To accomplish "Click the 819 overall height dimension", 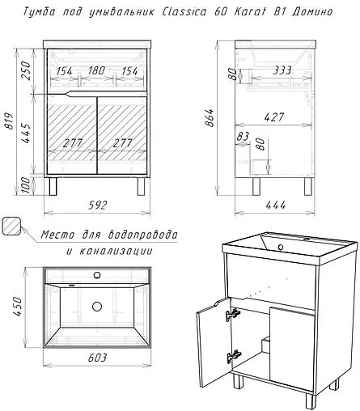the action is coord(9,121).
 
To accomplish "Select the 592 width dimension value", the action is coord(97,205).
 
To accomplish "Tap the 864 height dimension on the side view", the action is coord(210,117).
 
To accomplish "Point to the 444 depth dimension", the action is coord(275,205).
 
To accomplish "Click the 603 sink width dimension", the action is coord(97,358).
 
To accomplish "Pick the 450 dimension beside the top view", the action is coord(17,307).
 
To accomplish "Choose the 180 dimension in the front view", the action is coord(96,70).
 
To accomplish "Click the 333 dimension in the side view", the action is coord(282,70).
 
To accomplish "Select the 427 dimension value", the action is coord(274,117).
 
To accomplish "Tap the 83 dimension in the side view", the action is coord(243,137).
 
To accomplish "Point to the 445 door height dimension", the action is coord(26,133).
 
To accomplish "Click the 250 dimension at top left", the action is coord(26,70).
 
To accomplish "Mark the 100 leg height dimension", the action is coord(26,185).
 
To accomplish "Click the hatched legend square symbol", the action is coord(12,226).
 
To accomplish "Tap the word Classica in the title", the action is coord(184,12).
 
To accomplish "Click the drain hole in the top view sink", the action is coord(97,307).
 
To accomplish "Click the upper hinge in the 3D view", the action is coord(233,314).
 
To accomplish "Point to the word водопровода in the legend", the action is coord(142,235).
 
